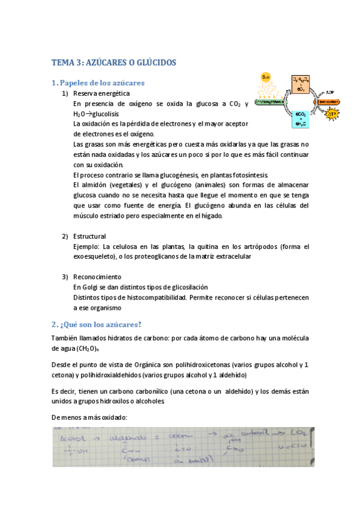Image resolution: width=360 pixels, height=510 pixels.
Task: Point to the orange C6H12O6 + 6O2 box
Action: [x=301, y=83]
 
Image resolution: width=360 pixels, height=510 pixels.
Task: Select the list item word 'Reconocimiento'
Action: [x=97, y=277]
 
